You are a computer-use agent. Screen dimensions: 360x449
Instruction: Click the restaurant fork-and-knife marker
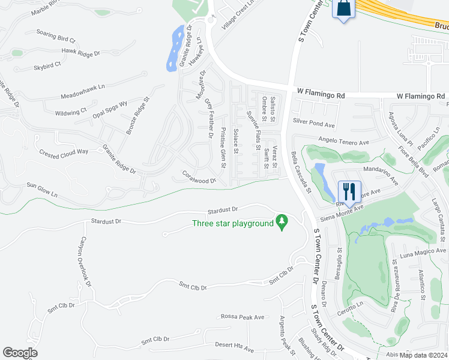[349, 192]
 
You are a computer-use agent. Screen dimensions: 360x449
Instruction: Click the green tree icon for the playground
[280, 223]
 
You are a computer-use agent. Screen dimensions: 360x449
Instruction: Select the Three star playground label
[232, 224]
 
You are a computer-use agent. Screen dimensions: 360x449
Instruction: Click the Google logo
[20, 352]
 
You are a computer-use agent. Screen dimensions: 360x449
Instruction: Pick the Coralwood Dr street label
[199, 178]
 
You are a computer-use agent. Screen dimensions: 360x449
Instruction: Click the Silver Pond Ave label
[313, 122]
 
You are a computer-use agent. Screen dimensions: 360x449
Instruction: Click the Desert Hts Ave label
[235, 347]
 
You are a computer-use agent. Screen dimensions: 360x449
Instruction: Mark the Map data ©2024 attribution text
[424, 354]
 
